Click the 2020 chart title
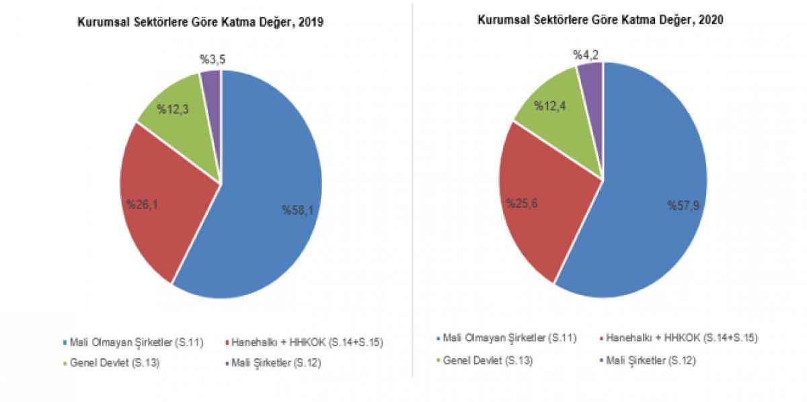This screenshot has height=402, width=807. point(601,20)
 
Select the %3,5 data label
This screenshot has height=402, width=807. point(213,60)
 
